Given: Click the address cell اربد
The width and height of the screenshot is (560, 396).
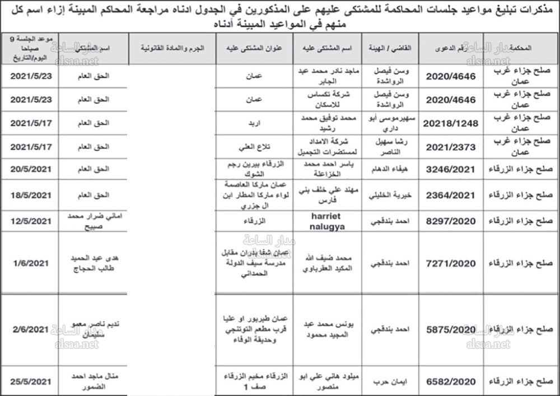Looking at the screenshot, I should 255,122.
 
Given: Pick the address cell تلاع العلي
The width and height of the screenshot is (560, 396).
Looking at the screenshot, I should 255,147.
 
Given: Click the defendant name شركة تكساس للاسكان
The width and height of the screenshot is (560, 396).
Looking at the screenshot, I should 327,99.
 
